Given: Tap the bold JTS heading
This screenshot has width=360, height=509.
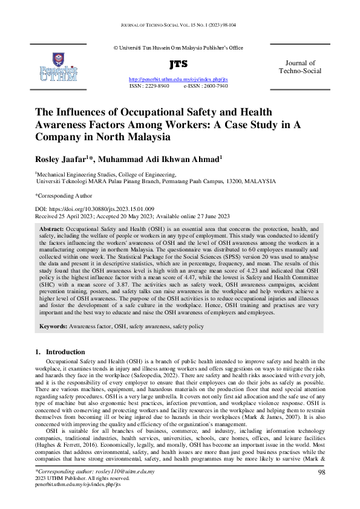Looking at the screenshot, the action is [179, 64].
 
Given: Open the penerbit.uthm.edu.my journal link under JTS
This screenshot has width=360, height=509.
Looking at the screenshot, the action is [178, 80].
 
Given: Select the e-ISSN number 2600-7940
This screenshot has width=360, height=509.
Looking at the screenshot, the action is [215, 86].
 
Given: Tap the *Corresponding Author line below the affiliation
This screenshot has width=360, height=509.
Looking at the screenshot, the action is [64, 196].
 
